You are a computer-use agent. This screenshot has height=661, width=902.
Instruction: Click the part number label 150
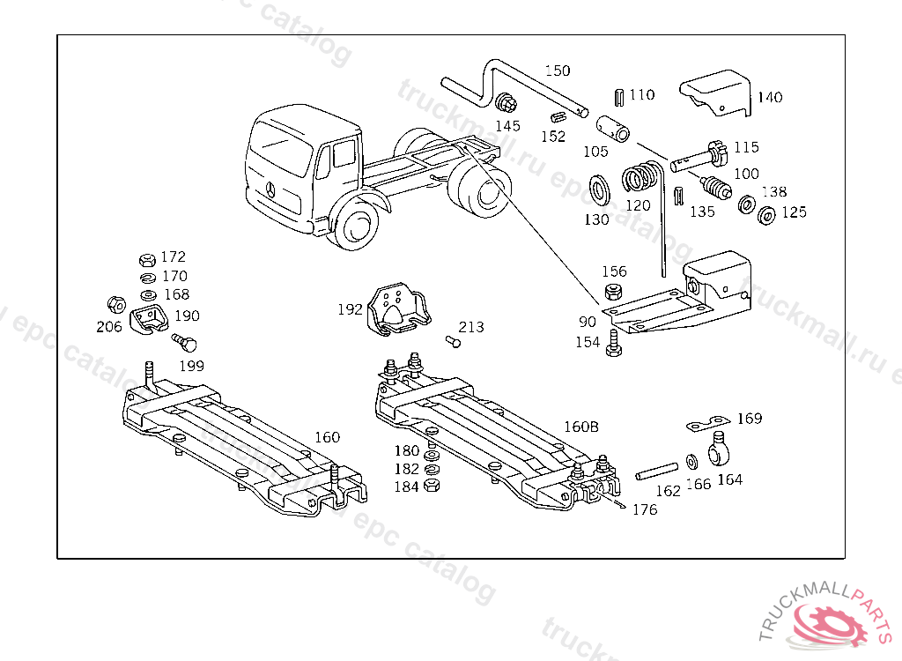pyautogui.click(x=557, y=71)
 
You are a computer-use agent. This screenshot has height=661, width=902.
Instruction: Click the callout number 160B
pyautogui.click(x=581, y=427)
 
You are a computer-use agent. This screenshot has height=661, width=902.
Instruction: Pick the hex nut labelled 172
pyautogui.click(x=147, y=260)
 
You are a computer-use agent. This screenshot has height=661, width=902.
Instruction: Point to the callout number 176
pyautogui.click(x=645, y=509)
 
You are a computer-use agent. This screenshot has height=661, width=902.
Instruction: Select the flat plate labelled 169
pyautogui.click(x=708, y=424)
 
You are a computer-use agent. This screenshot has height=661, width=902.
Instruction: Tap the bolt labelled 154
pyautogui.click(x=614, y=345)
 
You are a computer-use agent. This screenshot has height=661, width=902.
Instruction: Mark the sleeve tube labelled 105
pyautogui.click(x=615, y=127)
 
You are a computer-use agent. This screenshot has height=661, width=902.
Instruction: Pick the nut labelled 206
pyautogui.click(x=114, y=304)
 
